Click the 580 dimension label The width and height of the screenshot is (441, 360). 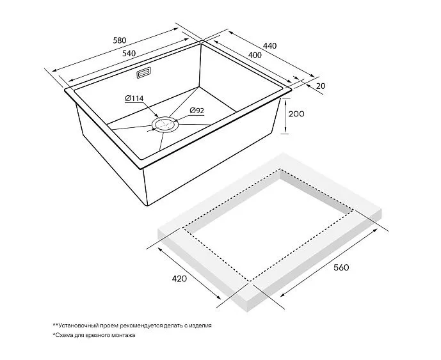click(120, 40)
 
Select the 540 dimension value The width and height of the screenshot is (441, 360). click(129, 54)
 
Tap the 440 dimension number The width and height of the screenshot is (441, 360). click(270, 45)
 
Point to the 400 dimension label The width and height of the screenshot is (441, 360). click(255, 55)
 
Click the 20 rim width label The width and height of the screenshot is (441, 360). click(320, 86)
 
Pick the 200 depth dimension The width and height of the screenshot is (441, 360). click(296, 114)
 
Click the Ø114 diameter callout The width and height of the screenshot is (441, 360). click(134, 98)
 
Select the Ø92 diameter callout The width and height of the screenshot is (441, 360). click(196, 111)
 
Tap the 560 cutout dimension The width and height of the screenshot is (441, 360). click(341, 267)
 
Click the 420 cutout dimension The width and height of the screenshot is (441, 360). click(179, 279)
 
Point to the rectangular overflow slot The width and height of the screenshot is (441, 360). click(144, 73)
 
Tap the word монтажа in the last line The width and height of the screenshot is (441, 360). click(123, 335)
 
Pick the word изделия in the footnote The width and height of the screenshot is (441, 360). click(200, 326)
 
